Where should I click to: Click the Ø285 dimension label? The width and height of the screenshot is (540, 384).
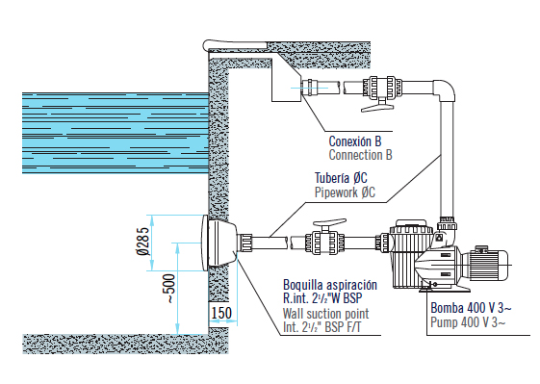(x=143, y=241)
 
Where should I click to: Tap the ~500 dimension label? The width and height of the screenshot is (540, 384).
(x=169, y=289)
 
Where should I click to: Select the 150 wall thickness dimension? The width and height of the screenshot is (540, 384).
(x=221, y=313)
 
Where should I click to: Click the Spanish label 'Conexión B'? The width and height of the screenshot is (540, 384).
(x=355, y=141)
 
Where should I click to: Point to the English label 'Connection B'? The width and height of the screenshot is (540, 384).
(x=361, y=155)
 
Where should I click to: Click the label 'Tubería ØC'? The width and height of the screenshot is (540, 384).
(x=341, y=178)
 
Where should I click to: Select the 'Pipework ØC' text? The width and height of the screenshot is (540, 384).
(x=345, y=192)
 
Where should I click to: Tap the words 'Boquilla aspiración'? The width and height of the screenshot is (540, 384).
(x=330, y=285)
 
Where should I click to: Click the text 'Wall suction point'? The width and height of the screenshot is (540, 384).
(x=325, y=314)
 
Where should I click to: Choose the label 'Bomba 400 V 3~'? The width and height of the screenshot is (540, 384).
(x=471, y=308)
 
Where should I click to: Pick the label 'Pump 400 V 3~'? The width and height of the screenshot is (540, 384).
(x=468, y=322)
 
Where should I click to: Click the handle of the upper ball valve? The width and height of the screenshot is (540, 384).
(x=377, y=107)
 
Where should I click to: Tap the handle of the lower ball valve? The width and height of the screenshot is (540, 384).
(x=329, y=223)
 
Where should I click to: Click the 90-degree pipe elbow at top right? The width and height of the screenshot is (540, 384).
(x=446, y=90)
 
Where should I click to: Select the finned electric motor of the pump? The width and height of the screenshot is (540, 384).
(x=485, y=265)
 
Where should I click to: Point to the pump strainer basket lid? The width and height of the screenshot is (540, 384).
(x=411, y=228)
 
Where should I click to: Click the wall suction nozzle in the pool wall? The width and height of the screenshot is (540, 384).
(x=219, y=243)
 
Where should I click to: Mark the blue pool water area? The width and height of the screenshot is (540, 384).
(x=116, y=133)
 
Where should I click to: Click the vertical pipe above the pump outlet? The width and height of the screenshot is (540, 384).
(x=447, y=159)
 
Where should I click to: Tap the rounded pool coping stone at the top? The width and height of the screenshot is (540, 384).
(x=235, y=45)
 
